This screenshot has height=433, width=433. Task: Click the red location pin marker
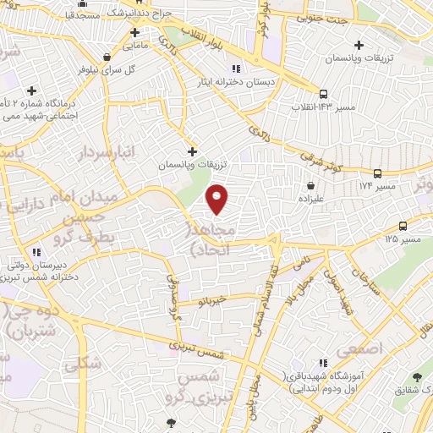pos(217,199)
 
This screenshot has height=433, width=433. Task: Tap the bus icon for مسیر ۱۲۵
pos(402,227)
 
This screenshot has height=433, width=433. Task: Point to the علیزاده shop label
pos(312,198)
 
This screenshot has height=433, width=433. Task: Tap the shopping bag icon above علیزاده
pos(312,184)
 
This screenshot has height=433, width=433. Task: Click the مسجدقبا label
pos(84,14)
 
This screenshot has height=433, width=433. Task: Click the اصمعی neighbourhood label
pos(359,348)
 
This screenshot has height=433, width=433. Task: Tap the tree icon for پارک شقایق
pos(417,378)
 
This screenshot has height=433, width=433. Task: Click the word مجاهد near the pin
pos(206,232)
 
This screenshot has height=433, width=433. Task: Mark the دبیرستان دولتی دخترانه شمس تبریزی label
pos(41,269)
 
